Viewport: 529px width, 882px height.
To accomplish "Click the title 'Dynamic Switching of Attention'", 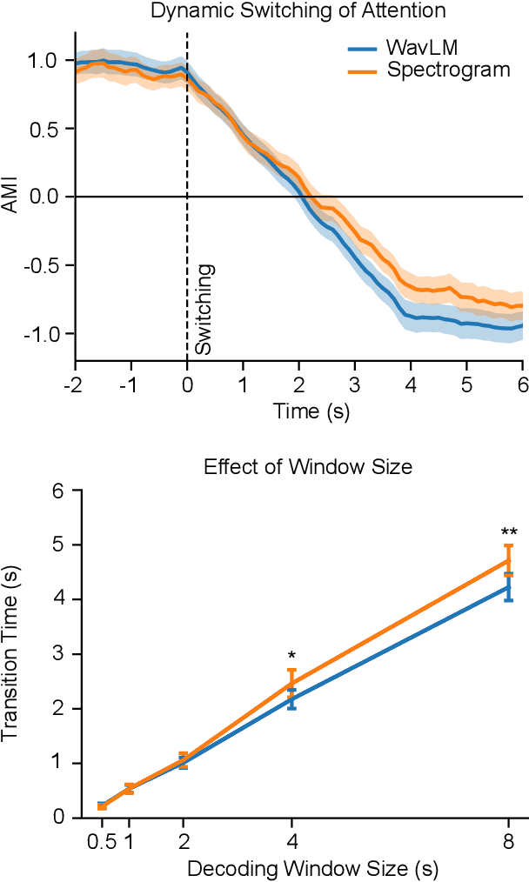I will point(298,11).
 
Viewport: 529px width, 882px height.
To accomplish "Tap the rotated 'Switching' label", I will point(203,309).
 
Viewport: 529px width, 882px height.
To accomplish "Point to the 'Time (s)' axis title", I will point(298,411).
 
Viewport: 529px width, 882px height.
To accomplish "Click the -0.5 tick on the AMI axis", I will point(46,265).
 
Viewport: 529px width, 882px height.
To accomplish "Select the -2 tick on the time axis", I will point(76,384).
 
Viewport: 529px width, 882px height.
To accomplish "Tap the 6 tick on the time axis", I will point(523,384).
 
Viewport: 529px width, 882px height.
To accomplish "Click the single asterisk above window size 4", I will point(291,655).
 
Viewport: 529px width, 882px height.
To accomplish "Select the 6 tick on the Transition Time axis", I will point(59,491).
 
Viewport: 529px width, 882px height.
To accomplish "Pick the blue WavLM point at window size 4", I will point(291,698).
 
